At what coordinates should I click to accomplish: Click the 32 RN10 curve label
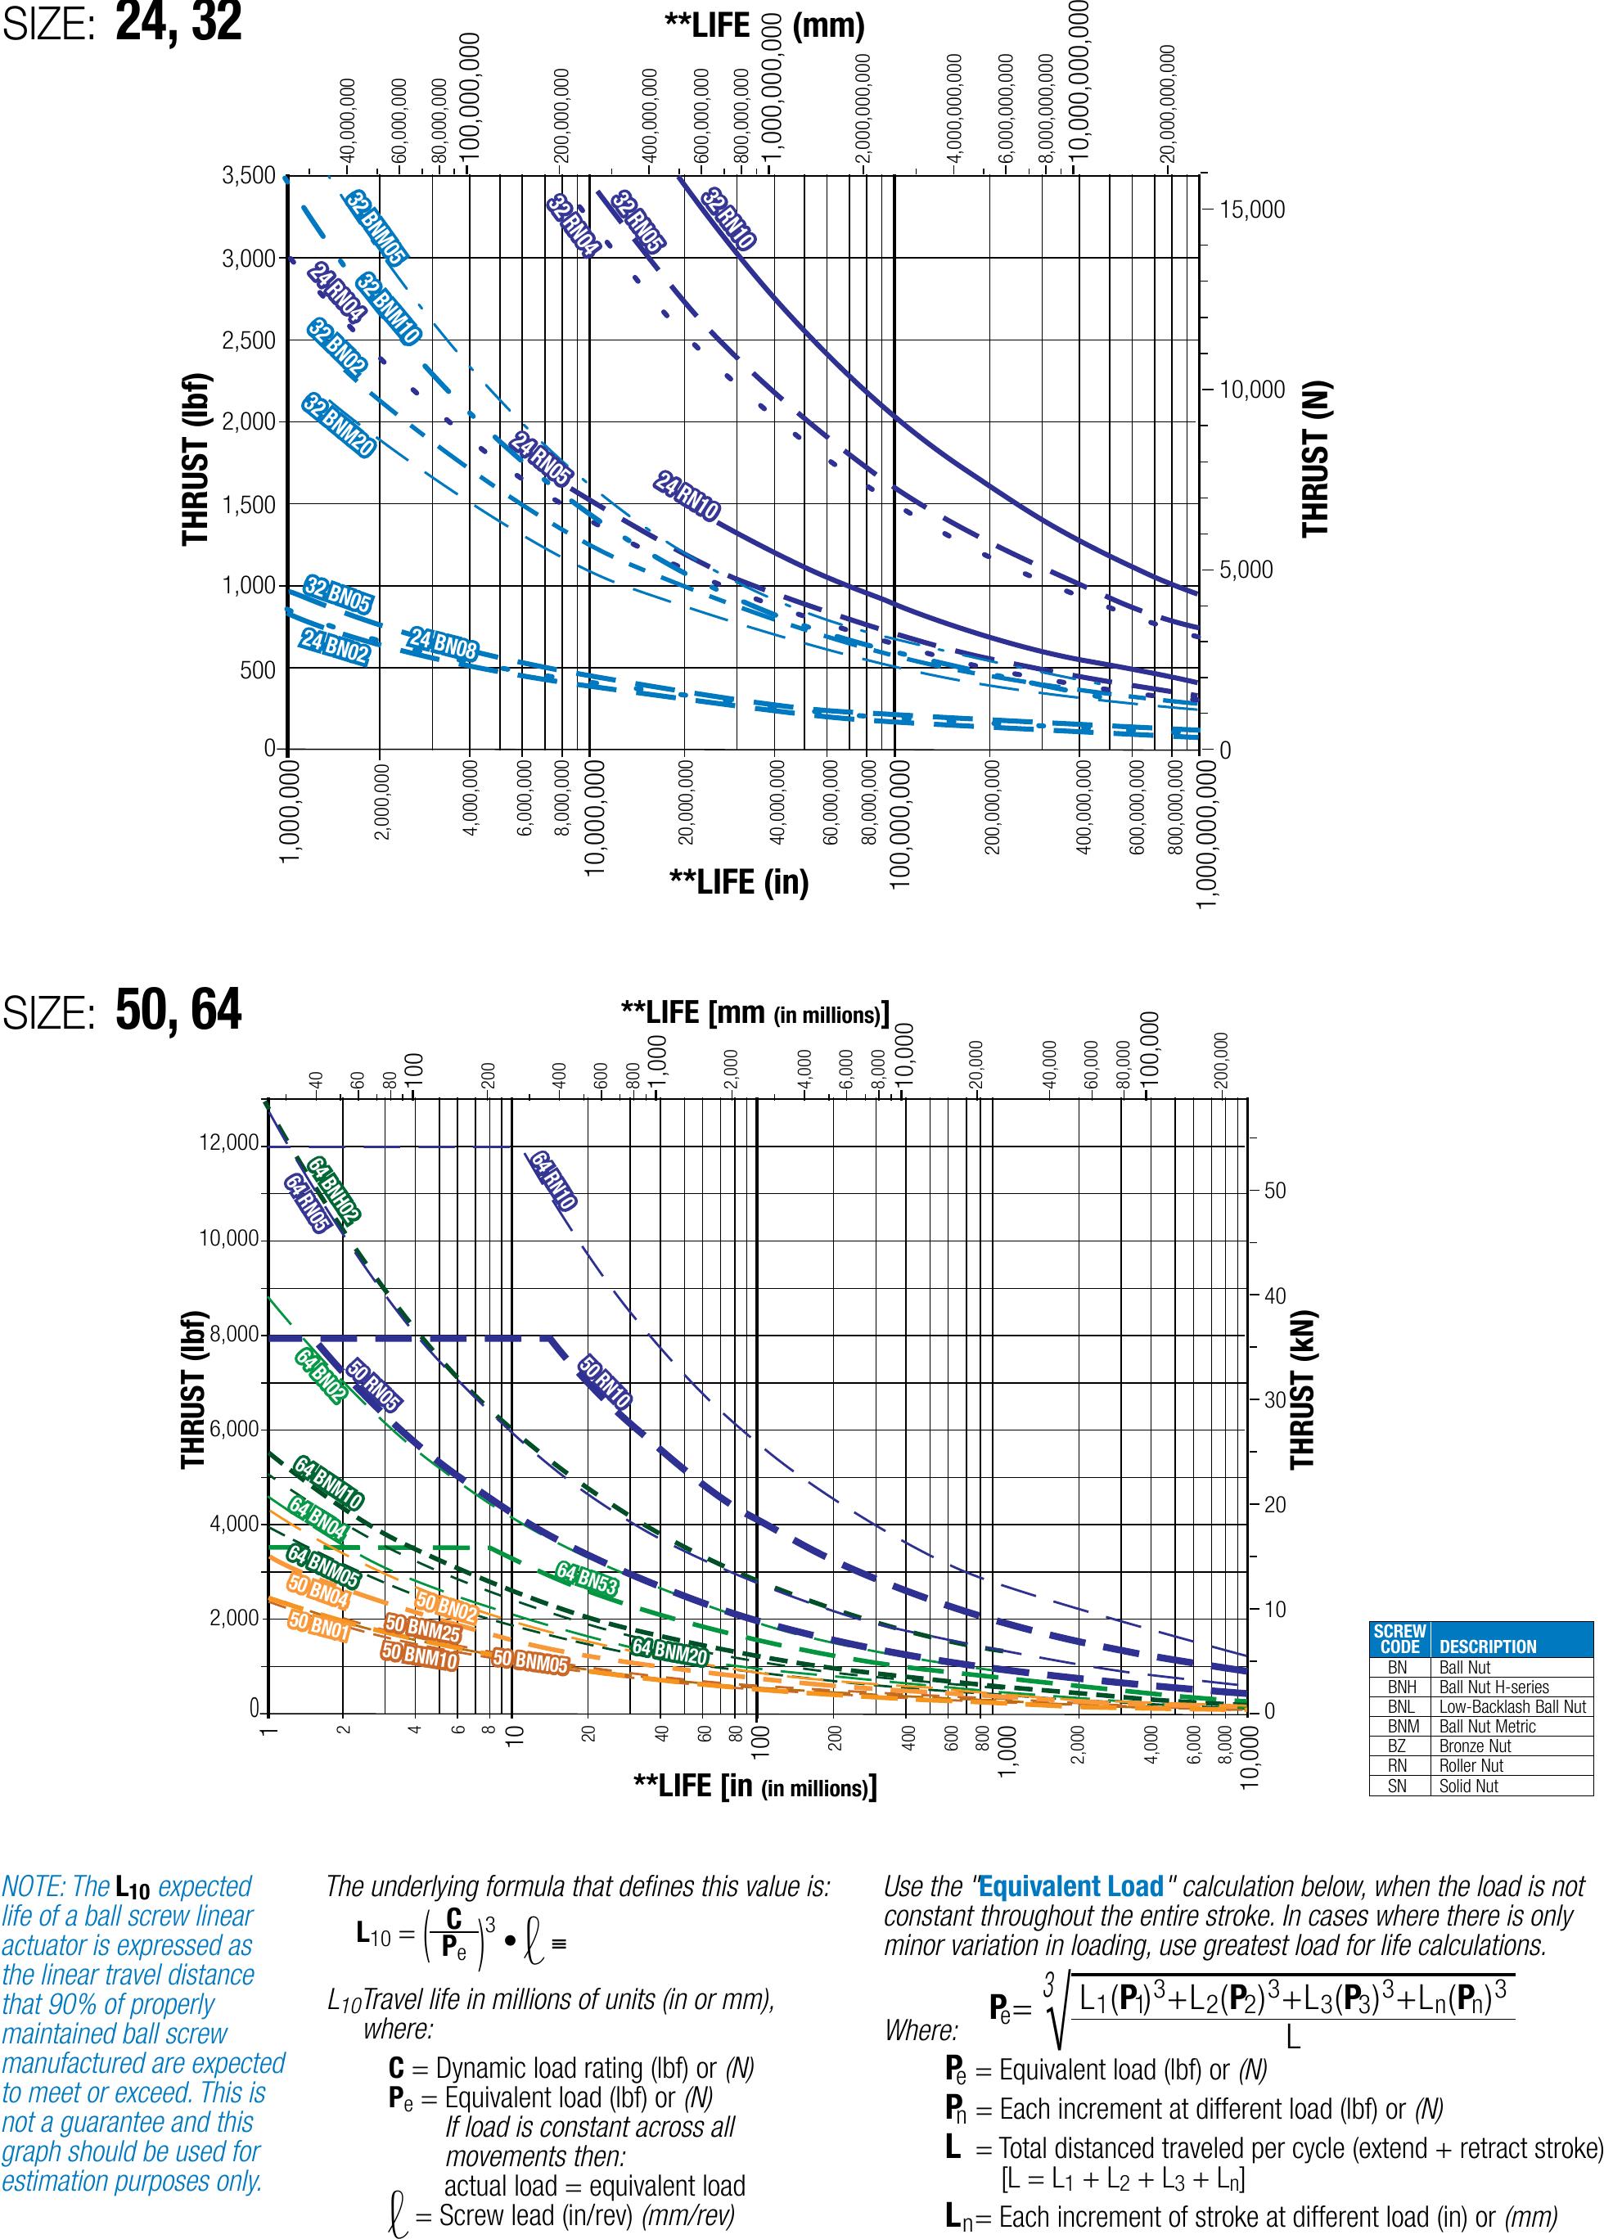point(728,219)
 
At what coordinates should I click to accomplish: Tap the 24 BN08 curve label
point(444,644)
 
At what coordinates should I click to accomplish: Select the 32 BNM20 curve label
point(339,426)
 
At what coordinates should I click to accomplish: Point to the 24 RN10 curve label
point(687,496)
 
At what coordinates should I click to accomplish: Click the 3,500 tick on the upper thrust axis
point(249,176)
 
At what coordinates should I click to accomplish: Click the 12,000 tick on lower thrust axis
point(229,1143)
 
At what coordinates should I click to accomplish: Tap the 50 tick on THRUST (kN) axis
point(1275,1191)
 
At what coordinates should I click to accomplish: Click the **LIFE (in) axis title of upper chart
point(738,881)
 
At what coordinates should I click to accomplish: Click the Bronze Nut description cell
point(1475,1746)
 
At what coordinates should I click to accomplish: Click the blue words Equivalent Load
point(1070,1886)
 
